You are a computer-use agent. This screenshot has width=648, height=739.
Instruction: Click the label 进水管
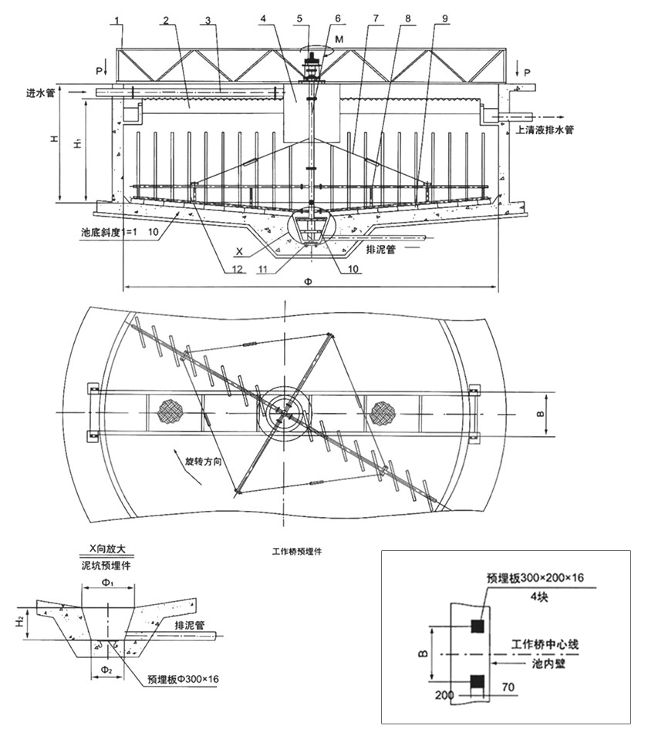[42, 92]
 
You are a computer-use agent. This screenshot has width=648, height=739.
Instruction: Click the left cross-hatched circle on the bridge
[169, 411]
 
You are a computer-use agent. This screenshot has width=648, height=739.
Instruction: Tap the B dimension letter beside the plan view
[540, 415]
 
